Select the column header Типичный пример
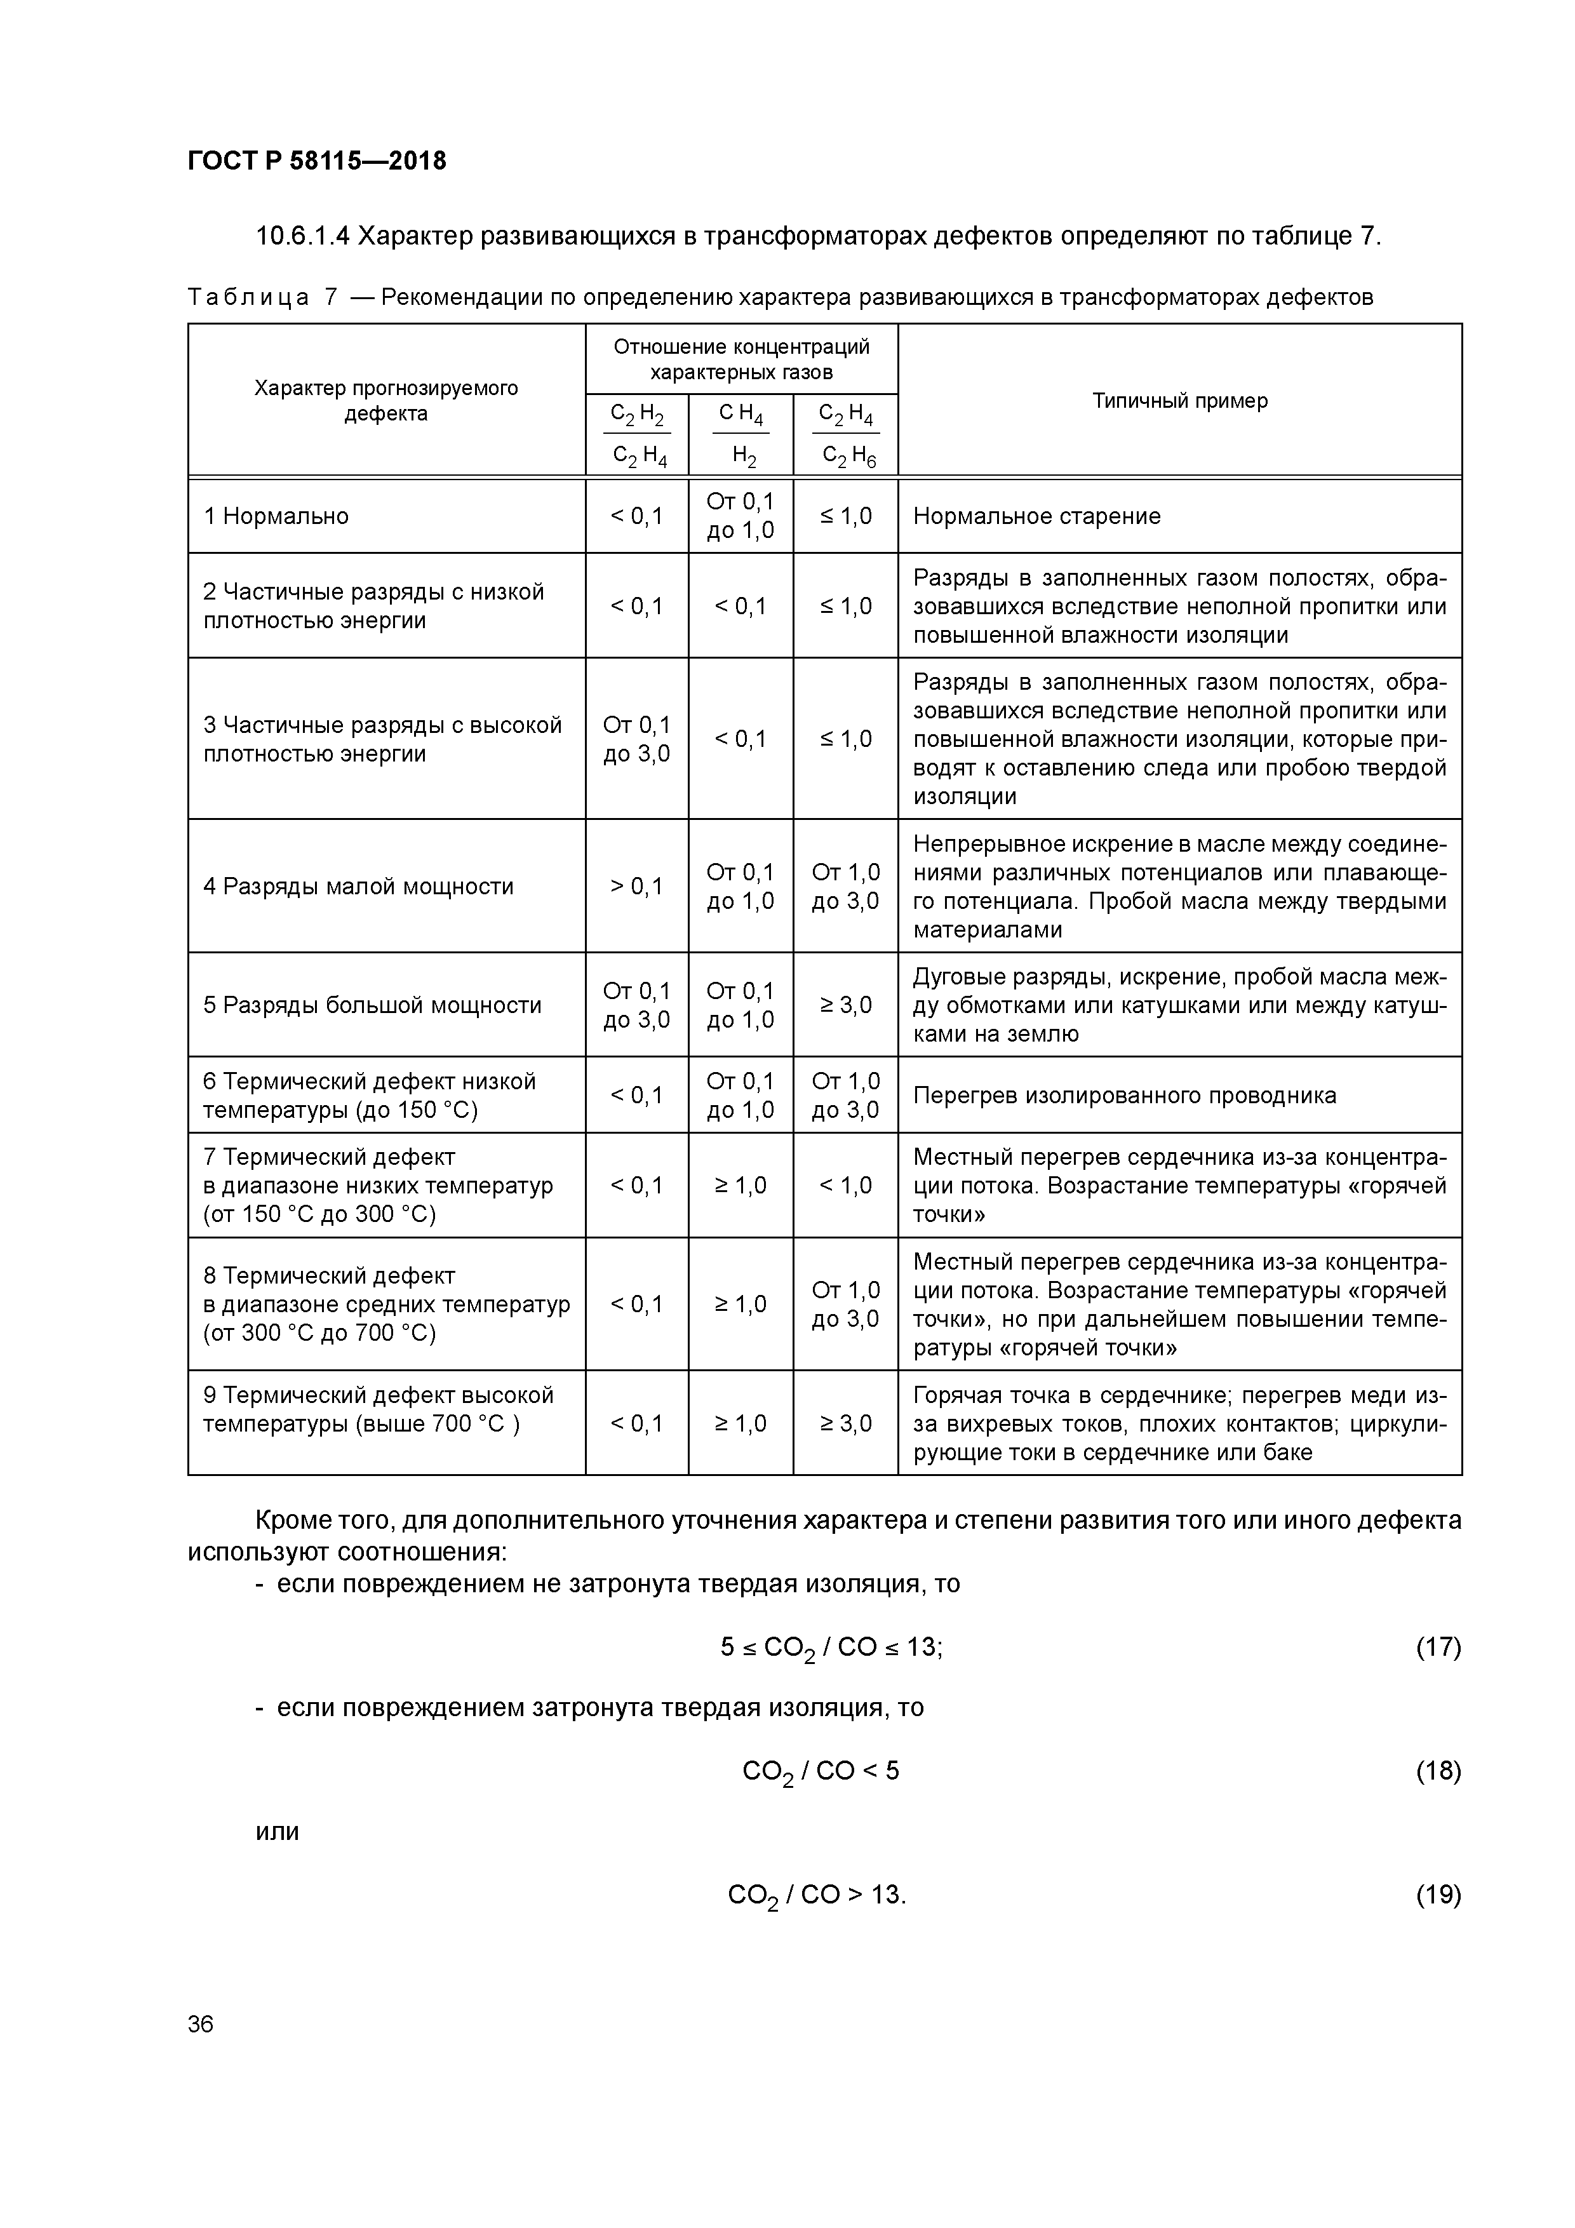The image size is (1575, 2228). tap(1179, 401)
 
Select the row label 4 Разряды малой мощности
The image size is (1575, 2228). tap(358, 886)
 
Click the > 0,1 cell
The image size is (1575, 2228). tap(636, 886)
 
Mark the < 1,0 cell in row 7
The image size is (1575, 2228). tap(845, 1185)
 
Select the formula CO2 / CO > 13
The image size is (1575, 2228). tap(816, 1895)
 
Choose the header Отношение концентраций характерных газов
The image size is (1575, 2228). tap(741, 359)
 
